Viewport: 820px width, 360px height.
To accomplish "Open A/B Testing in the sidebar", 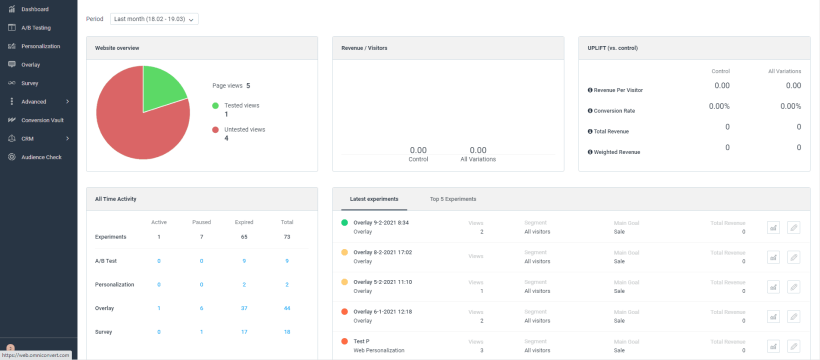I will [x=36, y=27].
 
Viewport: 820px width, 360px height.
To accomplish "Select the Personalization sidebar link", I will [x=40, y=46].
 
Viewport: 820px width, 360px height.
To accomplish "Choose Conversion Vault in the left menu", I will [x=42, y=119].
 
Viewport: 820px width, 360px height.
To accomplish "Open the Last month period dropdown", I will [x=154, y=18].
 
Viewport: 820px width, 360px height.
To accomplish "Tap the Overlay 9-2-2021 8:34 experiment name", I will [x=381, y=223].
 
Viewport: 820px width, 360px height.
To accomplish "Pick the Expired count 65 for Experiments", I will [x=244, y=237].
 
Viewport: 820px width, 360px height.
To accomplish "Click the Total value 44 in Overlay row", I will [x=287, y=307].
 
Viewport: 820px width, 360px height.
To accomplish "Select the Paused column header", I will [x=201, y=221].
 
